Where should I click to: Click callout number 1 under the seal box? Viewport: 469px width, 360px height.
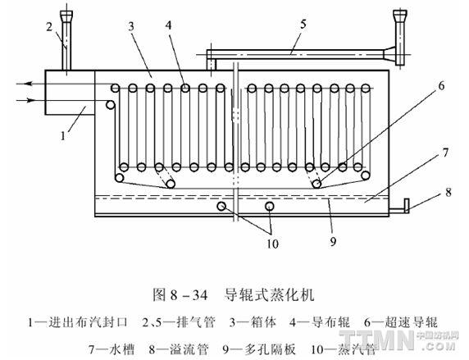pyautogui.click(x=63, y=136)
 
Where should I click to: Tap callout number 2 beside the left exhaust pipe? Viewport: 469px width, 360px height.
pyautogui.click(x=49, y=26)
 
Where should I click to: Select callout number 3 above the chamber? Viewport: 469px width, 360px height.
pyautogui.click(x=131, y=26)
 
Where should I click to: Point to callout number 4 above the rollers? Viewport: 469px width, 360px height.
pyautogui.click(x=169, y=25)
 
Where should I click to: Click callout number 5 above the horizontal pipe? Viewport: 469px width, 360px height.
pyautogui.click(x=303, y=25)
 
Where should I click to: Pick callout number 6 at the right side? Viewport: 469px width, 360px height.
pyautogui.click(x=441, y=86)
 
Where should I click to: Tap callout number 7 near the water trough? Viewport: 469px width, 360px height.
pyautogui.click(x=445, y=153)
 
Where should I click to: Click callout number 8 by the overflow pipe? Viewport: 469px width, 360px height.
pyautogui.click(x=448, y=192)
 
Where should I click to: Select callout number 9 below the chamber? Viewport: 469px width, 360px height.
pyautogui.click(x=333, y=241)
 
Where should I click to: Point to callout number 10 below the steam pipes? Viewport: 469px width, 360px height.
pyautogui.click(x=272, y=244)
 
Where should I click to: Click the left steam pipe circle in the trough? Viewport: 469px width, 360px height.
pyautogui.click(x=221, y=206)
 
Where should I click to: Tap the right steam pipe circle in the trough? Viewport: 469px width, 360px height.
pyautogui.click(x=270, y=206)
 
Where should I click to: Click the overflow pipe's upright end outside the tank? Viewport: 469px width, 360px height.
pyautogui.click(x=407, y=206)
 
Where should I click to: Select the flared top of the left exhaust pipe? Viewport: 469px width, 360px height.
pyautogui.click(x=66, y=15)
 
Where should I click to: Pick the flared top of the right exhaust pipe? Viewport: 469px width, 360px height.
pyautogui.click(x=400, y=15)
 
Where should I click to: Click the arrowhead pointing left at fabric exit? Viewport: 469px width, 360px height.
pyautogui.click(x=28, y=84)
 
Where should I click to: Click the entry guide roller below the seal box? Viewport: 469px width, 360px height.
pyautogui.click(x=110, y=105)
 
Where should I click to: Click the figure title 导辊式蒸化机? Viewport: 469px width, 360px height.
pyautogui.click(x=269, y=294)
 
